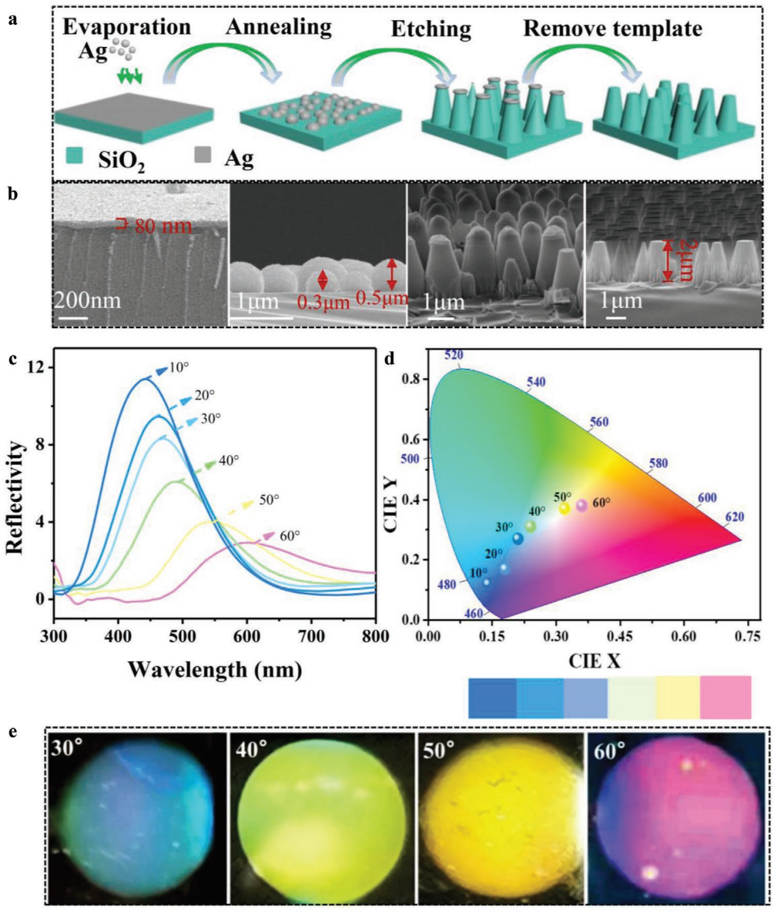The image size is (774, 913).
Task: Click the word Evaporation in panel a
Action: [127, 27]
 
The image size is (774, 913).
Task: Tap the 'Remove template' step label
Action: [612, 28]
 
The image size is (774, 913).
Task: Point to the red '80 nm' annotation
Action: [162, 226]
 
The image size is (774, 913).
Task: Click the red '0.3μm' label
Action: [323, 301]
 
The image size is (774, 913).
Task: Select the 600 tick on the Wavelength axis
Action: [246, 636]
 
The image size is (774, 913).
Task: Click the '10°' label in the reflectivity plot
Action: [179, 368]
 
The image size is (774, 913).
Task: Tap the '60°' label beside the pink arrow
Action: [290, 536]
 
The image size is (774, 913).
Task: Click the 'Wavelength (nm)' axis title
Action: [215, 670]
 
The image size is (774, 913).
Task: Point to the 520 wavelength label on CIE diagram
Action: [454, 355]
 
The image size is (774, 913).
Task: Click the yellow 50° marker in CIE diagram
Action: [565, 507]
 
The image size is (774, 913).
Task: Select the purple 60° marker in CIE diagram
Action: [582, 505]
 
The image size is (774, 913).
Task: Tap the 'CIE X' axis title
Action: [594, 661]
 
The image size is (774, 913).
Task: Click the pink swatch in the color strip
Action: [725, 697]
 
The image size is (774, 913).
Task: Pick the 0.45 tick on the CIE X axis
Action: [620, 636]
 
